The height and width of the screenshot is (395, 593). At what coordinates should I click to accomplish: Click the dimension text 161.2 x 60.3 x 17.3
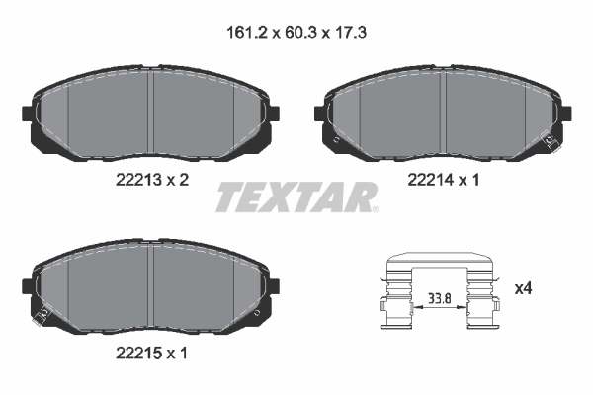pos(296,32)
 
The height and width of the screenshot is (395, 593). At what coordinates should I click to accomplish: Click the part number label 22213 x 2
pos(148,180)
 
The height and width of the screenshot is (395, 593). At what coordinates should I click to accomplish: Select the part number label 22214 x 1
pos(445,180)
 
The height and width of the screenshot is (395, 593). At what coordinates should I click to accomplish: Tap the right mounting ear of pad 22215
pos(270,286)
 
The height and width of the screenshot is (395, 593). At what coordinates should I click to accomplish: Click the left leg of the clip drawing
pos(394,296)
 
